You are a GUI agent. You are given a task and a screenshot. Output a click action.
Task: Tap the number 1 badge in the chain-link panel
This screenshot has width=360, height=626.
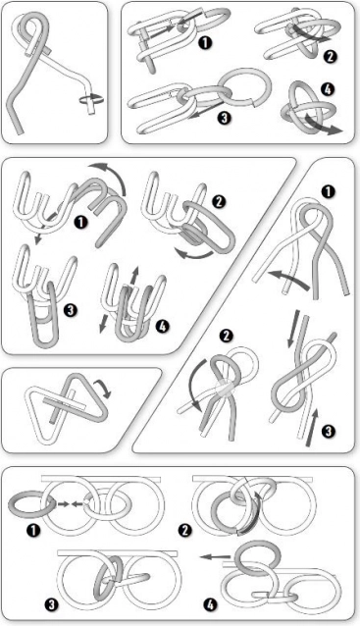coord(205,43)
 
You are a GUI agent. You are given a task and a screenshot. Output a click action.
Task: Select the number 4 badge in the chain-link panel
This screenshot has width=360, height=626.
coord(327,89)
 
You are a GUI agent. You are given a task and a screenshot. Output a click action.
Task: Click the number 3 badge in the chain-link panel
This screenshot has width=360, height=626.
coord(225,118)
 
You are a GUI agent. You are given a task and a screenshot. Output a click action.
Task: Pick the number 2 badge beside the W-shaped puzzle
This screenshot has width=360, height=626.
coord(218,202)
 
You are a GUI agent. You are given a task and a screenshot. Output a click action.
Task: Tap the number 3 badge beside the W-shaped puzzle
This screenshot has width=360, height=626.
coord(71,310)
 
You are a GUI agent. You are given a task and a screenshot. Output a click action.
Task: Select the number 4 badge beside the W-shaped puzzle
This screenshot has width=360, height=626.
coord(163,326)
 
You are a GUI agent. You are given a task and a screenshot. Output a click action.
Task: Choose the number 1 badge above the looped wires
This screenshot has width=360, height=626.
coord(328,192)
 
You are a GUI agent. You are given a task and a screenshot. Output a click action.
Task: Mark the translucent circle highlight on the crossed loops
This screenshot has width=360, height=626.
coord(225,389)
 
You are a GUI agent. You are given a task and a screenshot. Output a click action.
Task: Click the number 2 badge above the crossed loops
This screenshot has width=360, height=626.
coord(226,337)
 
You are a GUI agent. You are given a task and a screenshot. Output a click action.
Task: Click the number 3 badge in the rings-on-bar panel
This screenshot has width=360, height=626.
coord(51,605)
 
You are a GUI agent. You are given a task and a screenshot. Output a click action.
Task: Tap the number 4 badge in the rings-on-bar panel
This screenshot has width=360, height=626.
coord(210,605)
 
